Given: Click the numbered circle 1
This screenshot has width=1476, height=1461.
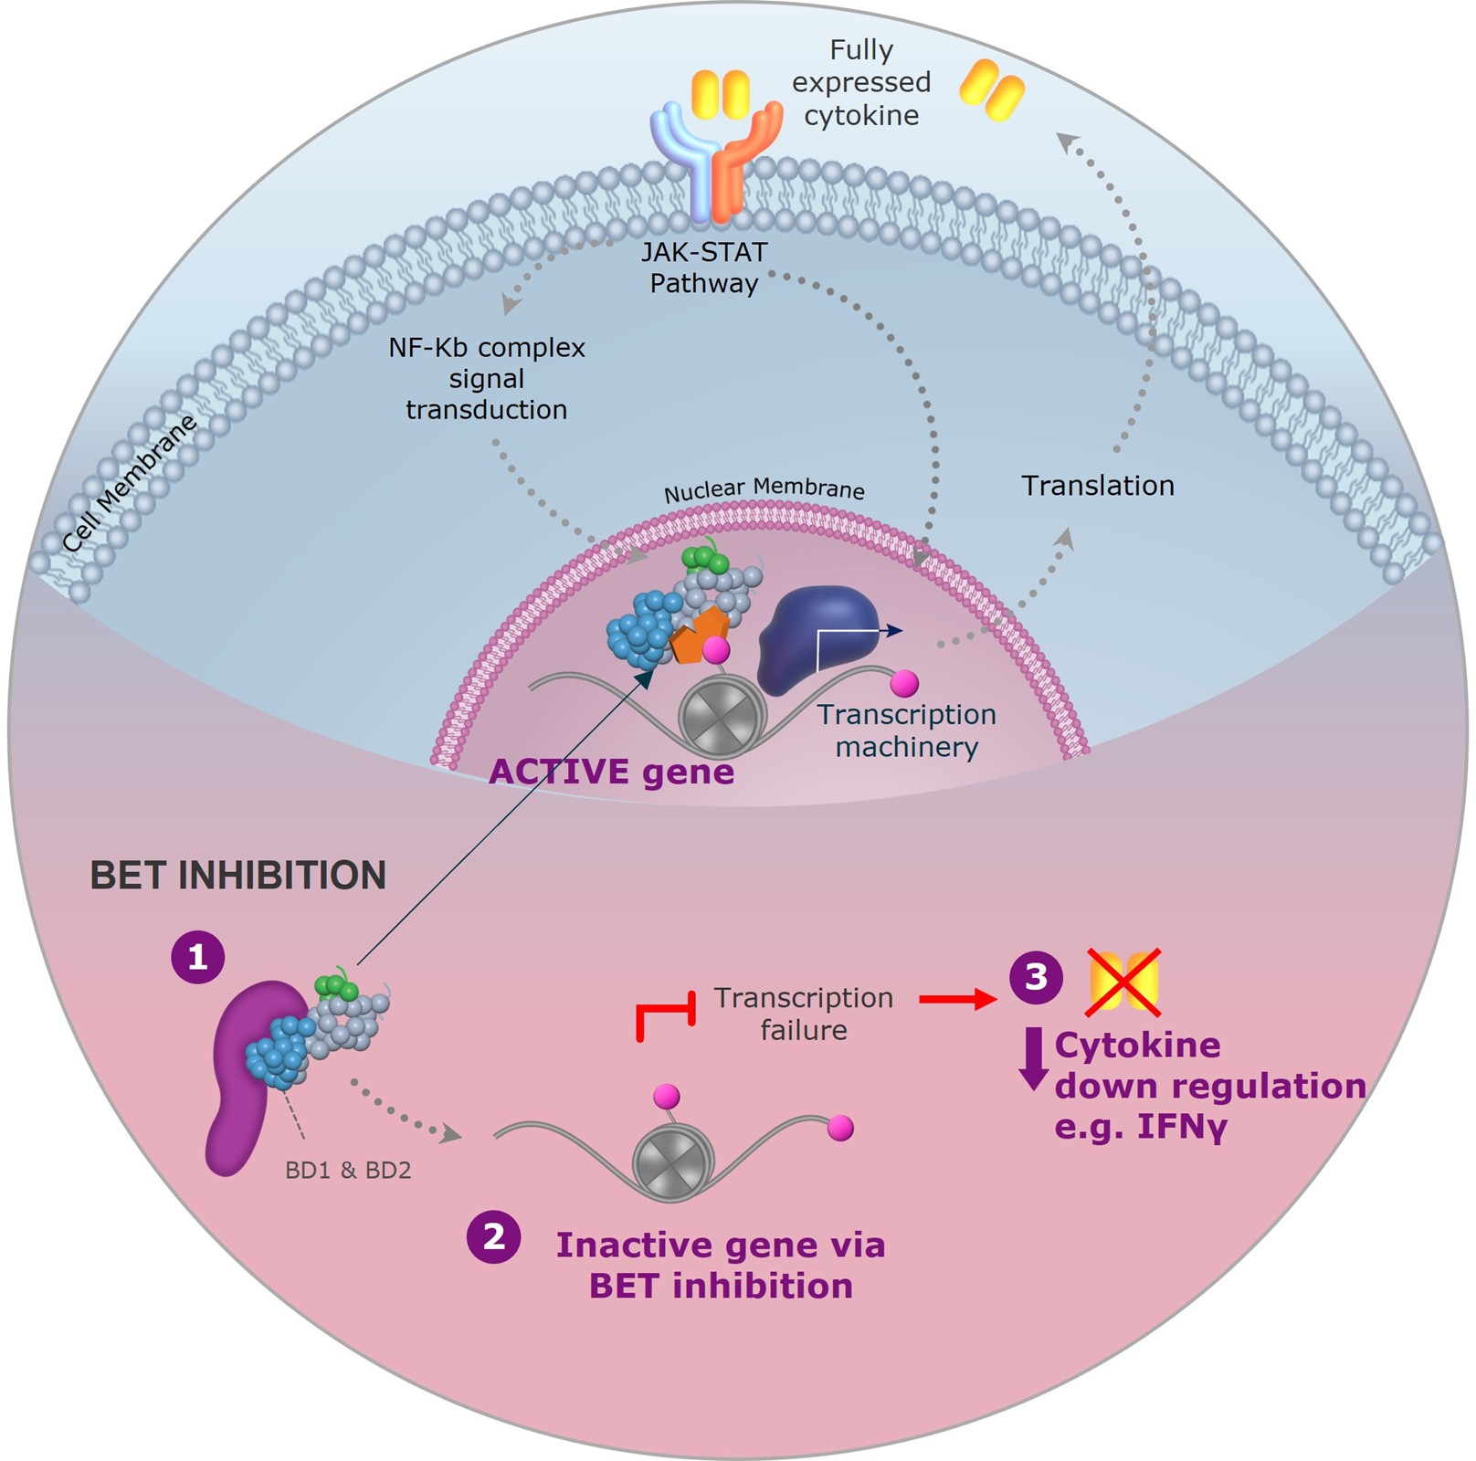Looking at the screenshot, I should [x=197, y=957].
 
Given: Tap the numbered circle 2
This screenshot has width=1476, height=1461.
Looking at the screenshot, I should [x=493, y=1237].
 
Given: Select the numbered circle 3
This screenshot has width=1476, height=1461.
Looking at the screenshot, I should [x=1035, y=977].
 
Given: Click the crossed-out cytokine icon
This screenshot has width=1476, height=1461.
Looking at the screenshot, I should [x=1123, y=983].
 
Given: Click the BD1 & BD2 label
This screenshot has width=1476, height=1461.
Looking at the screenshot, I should [x=348, y=1171].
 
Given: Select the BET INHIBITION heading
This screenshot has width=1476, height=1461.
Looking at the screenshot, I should [x=237, y=875].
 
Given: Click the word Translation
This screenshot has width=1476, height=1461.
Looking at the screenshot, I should [x=1097, y=486].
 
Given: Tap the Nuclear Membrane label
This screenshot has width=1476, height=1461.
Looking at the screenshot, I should [x=764, y=490].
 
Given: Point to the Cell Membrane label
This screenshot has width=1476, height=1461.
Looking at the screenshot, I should [x=130, y=482].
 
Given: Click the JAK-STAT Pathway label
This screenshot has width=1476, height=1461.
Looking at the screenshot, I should [x=704, y=268].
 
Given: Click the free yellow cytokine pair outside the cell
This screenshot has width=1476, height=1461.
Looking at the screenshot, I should [x=992, y=89].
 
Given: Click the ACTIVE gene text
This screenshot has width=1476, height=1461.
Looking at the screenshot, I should [x=611, y=773].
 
